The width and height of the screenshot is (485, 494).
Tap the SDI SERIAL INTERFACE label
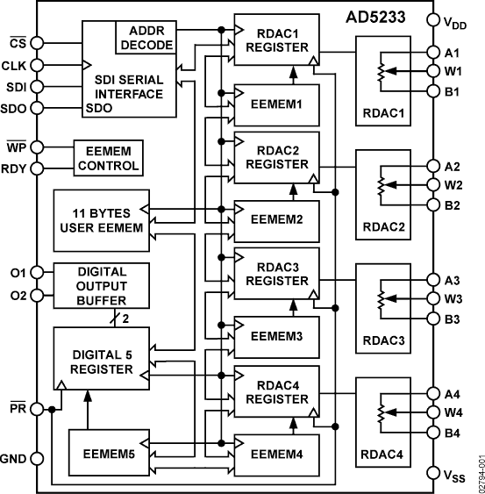(x=130, y=86)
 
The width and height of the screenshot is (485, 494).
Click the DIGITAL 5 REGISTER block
(x=96, y=360)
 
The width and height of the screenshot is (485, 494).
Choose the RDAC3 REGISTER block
(x=275, y=275)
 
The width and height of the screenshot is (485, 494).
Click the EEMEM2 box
(x=275, y=218)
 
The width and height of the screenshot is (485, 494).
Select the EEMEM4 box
(x=275, y=454)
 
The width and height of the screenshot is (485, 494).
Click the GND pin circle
(x=38, y=457)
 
